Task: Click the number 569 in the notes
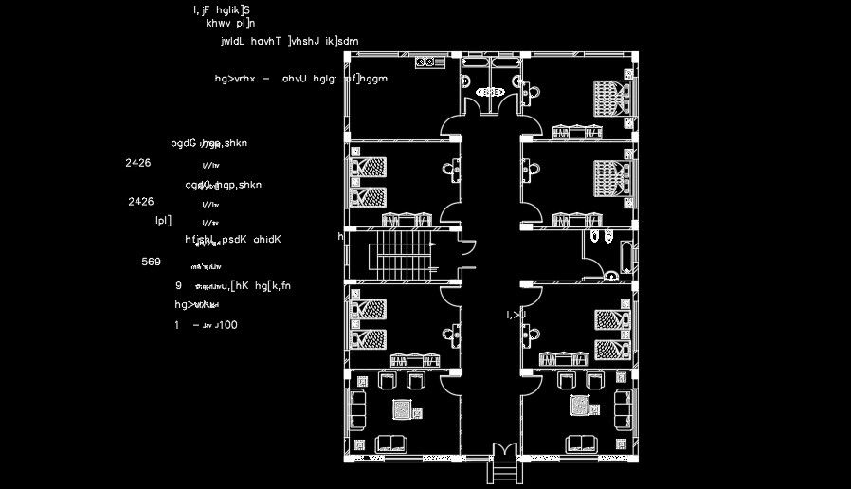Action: (151, 262)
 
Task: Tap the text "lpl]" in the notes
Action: (163, 221)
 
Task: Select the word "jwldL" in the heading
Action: (232, 42)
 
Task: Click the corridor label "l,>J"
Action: (516, 315)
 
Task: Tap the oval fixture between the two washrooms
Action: (490, 93)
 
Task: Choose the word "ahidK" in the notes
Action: (267, 240)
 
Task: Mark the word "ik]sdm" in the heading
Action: (339, 42)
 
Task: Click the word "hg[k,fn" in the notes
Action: (273, 285)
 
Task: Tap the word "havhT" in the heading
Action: (266, 42)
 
